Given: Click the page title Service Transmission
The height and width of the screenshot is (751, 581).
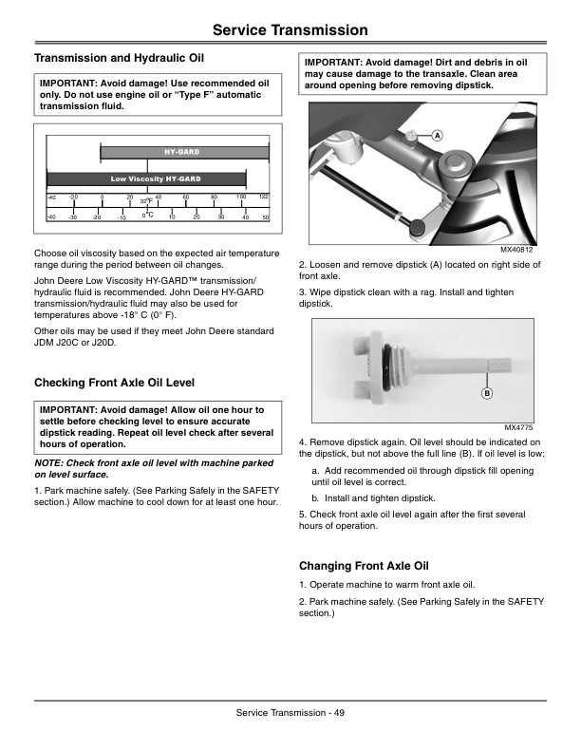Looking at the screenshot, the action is [x=290, y=30].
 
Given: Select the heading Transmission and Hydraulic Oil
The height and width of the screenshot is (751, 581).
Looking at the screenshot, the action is [x=119, y=59].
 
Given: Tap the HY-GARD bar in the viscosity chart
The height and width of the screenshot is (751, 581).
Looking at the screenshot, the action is [x=184, y=152].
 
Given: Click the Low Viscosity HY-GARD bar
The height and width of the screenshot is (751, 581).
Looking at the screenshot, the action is [x=146, y=179].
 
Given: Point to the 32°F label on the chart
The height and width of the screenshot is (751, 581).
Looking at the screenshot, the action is [x=146, y=201].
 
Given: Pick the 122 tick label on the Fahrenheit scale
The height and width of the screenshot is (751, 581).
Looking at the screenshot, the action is [x=264, y=197].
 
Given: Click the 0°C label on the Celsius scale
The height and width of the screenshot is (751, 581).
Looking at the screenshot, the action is [x=147, y=216].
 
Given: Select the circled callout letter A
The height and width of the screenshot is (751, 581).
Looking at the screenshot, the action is [x=438, y=136].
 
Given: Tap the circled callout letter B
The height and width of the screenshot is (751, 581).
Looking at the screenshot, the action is [x=487, y=394].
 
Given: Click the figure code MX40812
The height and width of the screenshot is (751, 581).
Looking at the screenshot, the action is [x=516, y=250].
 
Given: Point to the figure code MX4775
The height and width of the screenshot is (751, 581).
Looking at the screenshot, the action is [x=518, y=427].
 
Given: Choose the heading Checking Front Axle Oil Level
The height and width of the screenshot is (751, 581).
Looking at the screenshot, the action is [x=114, y=383].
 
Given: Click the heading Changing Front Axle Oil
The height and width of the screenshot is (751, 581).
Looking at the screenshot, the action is [x=364, y=566].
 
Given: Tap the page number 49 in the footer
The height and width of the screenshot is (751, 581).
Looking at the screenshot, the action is [x=339, y=713].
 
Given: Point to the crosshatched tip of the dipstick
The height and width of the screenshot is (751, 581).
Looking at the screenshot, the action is [x=499, y=366].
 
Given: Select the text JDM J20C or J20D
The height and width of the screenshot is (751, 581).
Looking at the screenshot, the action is [x=75, y=343].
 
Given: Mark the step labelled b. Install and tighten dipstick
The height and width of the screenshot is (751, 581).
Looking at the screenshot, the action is [x=374, y=498].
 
